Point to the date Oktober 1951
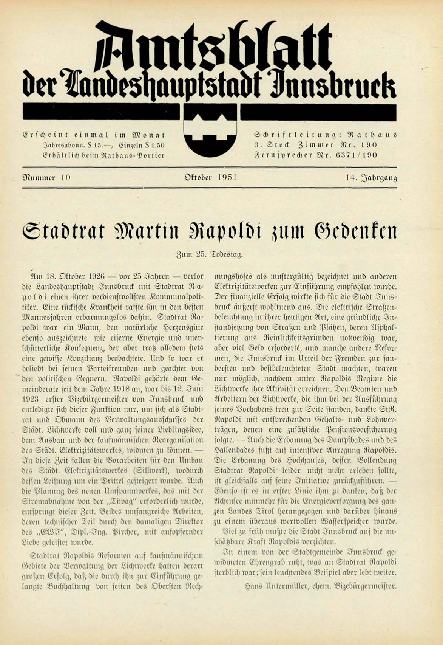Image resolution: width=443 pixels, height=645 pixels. click(210, 177)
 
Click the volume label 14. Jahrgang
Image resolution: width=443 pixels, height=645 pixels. click(371, 177)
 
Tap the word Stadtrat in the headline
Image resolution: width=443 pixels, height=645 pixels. click(63, 232)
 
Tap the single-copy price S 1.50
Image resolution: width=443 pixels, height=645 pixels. click(152, 144)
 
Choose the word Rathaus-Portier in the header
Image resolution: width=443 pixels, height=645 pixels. click(132, 155)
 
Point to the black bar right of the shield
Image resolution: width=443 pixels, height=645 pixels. click(318, 112)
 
